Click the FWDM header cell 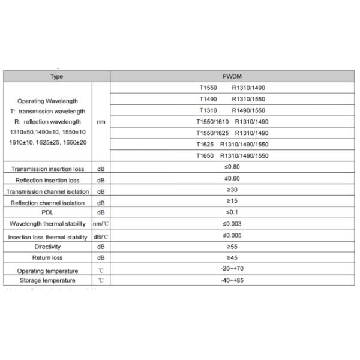click(232, 76)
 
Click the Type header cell click(56, 76)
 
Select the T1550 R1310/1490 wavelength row click(232, 88)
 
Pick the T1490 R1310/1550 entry click(232, 99)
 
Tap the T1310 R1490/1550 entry click(232, 110)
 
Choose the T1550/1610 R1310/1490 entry click(232, 122)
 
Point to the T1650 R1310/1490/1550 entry click(232, 155)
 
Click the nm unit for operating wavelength click(101, 122)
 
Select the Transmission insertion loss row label click(47, 169)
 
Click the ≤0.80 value click(232, 167)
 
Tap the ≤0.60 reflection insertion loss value click(232, 178)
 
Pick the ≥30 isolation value click(232, 190)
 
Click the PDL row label click(47, 212)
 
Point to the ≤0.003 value click(232, 223)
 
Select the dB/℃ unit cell click(101, 237)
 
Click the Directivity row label click(47, 247)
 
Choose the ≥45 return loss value click(232, 257)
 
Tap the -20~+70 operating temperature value click(232, 269)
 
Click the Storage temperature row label click(47, 280)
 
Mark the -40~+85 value click(232, 280)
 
